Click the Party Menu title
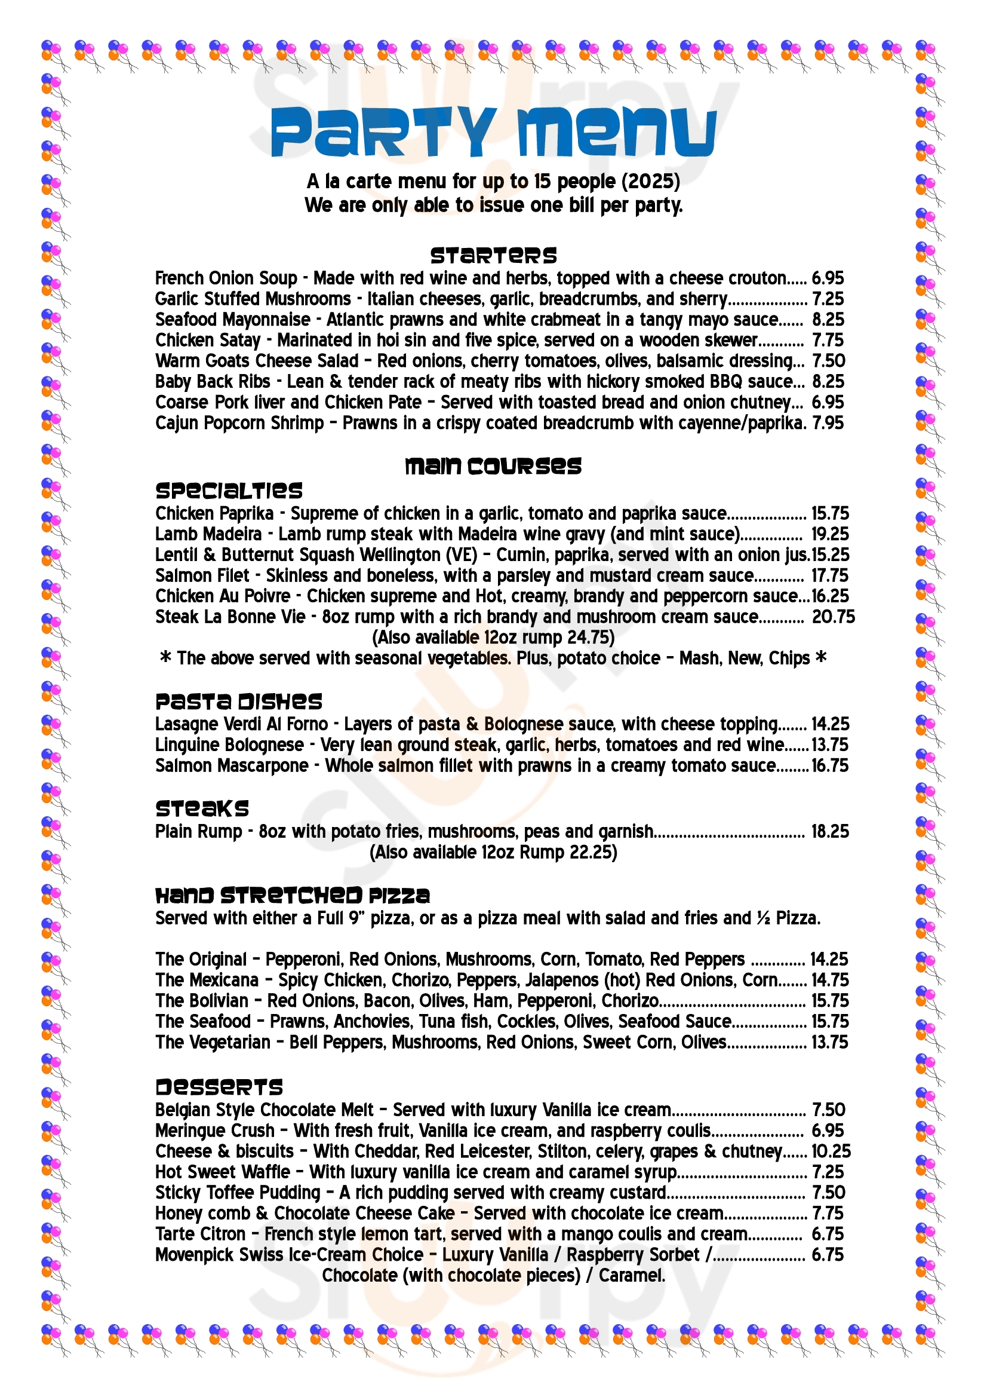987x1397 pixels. click(x=493, y=132)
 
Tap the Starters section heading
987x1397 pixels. click(x=493, y=256)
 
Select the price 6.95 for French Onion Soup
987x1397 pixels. click(x=828, y=278)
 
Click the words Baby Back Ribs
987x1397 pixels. click(x=213, y=382)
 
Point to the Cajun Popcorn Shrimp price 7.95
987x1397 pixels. click(x=828, y=424)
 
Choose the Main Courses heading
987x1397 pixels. click(x=493, y=467)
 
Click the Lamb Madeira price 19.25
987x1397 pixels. click(x=830, y=535)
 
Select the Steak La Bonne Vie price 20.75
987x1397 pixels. click(x=833, y=618)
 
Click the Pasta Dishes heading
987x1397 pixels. click(x=238, y=701)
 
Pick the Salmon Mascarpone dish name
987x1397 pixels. click(x=232, y=766)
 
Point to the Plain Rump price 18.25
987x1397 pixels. click(x=830, y=832)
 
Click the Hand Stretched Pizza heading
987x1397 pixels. click(x=293, y=896)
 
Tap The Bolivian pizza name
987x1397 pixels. click(x=202, y=1001)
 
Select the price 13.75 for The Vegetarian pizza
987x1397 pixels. click(x=829, y=1042)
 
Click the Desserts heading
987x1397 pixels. click(x=219, y=1087)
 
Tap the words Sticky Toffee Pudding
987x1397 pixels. click(x=238, y=1193)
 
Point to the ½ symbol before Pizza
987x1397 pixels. click(x=763, y=918)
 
